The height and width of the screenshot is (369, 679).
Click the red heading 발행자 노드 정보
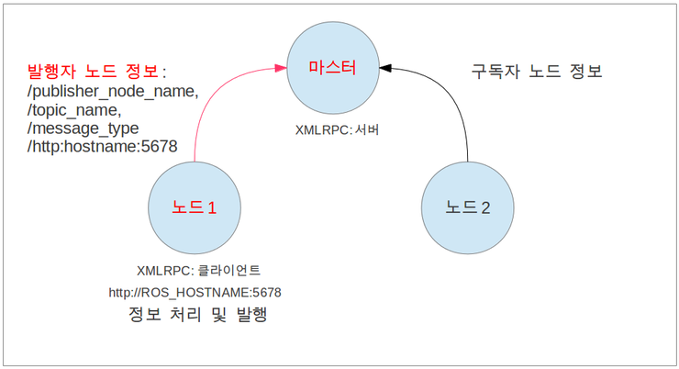click(x=96, y=71)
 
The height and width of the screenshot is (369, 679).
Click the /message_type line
click(x=83, y=128)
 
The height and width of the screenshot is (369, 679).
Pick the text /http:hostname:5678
click(x=102, y=146)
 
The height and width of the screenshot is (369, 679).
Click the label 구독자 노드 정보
click(x=536, y=71)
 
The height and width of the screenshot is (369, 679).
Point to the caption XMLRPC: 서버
click(x=338, y=130)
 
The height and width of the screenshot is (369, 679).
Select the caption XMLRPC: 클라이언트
click(x=198, y=271)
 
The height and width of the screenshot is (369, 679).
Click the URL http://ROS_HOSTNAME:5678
click(x=195, y=293)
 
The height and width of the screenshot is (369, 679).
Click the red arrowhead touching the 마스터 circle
click(x=279, y=67)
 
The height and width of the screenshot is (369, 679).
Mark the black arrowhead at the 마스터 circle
click(x=385, y=66)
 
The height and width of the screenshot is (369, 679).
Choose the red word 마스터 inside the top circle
click(x=331, y=66)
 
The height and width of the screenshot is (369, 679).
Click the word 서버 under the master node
click(x=367, y=130)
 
